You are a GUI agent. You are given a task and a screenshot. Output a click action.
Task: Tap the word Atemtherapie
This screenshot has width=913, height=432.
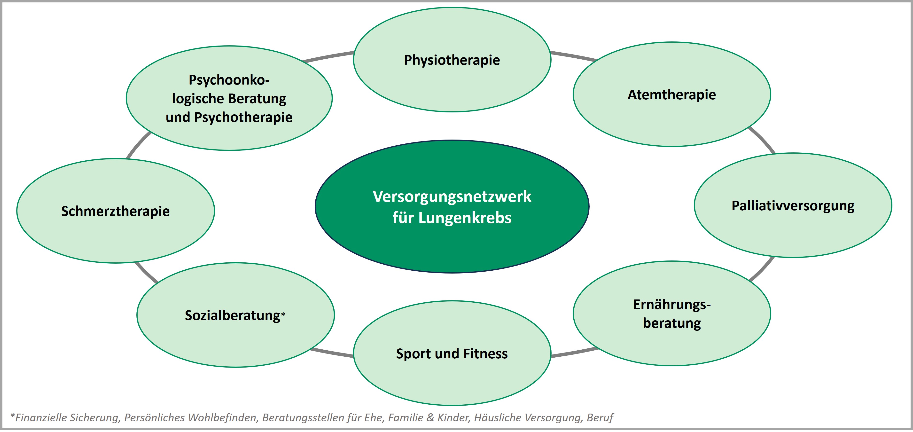point(672,95)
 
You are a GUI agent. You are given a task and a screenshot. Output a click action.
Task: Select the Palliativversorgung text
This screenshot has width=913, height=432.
point(793,205)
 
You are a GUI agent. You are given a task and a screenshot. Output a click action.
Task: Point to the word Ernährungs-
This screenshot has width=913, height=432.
point(672,304)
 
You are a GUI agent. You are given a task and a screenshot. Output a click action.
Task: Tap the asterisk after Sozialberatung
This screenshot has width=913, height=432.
point(283,314)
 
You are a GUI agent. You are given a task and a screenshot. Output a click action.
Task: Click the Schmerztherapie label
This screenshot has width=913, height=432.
point(115,211)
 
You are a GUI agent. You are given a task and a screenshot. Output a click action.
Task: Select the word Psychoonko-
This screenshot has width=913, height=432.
point(229,80)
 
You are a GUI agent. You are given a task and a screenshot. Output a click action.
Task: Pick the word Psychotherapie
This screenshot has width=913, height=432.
point(243,117)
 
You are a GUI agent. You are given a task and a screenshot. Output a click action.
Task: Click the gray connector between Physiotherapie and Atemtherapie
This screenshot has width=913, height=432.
point(573,56)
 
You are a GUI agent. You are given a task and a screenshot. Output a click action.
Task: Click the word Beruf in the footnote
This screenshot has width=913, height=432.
point(600,417)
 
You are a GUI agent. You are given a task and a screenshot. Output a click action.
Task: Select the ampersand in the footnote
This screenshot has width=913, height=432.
point(430,417)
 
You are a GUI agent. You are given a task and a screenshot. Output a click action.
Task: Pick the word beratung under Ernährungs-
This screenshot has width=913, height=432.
point(672,323)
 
